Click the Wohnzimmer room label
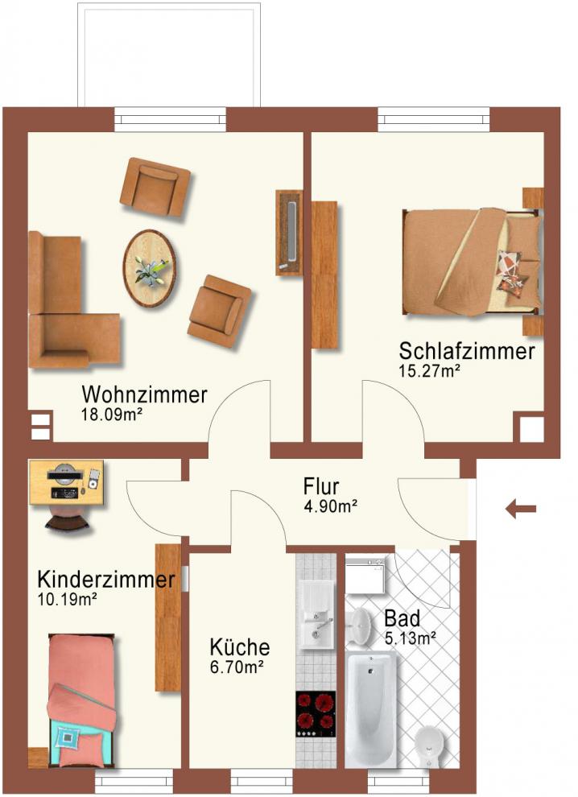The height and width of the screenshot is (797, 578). pos(144,394)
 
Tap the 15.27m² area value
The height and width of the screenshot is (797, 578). pos(430,371)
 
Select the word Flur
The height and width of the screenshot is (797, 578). pos(321,486)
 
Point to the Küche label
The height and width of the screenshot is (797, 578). pos(240,647)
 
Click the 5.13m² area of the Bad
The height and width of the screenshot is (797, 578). pos(411,638)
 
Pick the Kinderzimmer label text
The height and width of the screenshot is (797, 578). pos(106,579)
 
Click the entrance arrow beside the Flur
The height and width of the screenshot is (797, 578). pos(521,508)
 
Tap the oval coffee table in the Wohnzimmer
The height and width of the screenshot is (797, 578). pos(150,268)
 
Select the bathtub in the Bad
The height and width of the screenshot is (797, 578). pos(370,710)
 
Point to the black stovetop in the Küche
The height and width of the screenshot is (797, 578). pos(316,714)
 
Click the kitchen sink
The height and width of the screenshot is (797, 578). pos(316,616)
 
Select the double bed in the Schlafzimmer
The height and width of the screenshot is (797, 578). pos(473,262)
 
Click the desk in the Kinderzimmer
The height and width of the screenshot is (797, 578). pos(67,482)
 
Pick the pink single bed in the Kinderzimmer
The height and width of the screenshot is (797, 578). pos(81,700)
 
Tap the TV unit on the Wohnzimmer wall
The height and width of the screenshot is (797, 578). pos(289,233)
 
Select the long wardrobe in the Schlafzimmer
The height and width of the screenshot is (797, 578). pos(324,275)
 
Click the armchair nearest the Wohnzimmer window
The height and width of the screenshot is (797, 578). pos(155,187)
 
